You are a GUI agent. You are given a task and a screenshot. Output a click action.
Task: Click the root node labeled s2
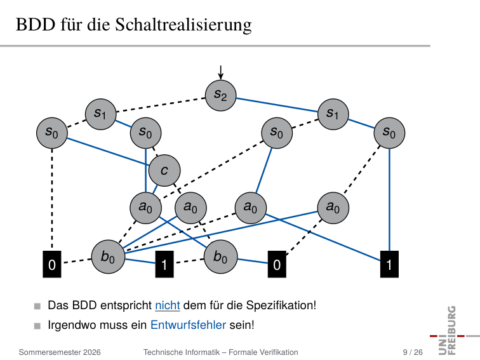click(220, 95)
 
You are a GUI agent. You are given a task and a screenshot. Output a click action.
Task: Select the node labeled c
click(164, 171)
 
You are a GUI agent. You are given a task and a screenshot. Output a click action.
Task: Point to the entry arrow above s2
click(220, 72)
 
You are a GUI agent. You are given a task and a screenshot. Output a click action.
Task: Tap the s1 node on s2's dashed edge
click(101, 114)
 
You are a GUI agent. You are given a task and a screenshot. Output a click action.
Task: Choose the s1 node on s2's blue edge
click(333, 114)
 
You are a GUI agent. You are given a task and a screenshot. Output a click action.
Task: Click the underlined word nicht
click(168, 305)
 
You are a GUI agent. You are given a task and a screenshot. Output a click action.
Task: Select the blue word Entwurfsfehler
click(189, 325)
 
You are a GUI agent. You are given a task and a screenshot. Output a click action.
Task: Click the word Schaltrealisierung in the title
click(183, 25)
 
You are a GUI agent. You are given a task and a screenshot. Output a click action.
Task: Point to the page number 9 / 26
click(413, 352)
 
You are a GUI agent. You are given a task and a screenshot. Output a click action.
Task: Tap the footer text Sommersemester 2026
click(60, 352)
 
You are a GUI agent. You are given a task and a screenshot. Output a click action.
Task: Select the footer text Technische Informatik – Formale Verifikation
click(221, 352)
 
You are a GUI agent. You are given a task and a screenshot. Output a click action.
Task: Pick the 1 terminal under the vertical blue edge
click(389, 264)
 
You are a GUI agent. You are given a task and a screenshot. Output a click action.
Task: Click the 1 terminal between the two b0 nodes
click(164, 264)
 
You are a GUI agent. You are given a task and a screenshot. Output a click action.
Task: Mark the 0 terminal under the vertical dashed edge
click(52, 264)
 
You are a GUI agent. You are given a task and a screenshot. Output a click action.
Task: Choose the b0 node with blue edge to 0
click(221, 257)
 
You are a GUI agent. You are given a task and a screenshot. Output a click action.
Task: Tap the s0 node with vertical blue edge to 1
click(389, 133)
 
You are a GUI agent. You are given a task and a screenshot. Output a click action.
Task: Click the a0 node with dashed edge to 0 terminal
click(333, 208)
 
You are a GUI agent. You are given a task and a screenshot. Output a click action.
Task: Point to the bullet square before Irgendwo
click(37, 326)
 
